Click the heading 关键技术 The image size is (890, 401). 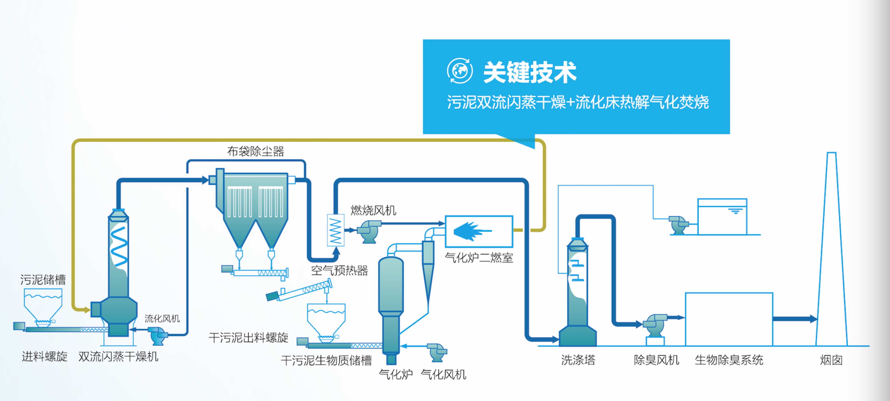[x=529, y=72]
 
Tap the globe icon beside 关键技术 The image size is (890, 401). [x=460, y=71]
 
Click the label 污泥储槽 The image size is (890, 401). [x=43, y=279]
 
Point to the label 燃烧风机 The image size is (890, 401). [x=373, y=210]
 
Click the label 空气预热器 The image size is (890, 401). [x=339, y=270]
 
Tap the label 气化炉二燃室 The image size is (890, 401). [x=479, y=257]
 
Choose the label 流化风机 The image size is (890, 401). [x=162, y=318]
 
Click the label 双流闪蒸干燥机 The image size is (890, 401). [x=118, y=356]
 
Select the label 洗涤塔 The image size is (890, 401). [x=578, y=360]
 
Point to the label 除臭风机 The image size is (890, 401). [x=656, y=360]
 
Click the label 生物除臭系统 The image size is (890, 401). [x=729, y=360]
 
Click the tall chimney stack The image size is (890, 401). [x=831, y=249]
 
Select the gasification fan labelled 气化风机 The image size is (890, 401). [x=437, y=352]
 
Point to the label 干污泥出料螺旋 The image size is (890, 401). [x=248, y=337]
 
